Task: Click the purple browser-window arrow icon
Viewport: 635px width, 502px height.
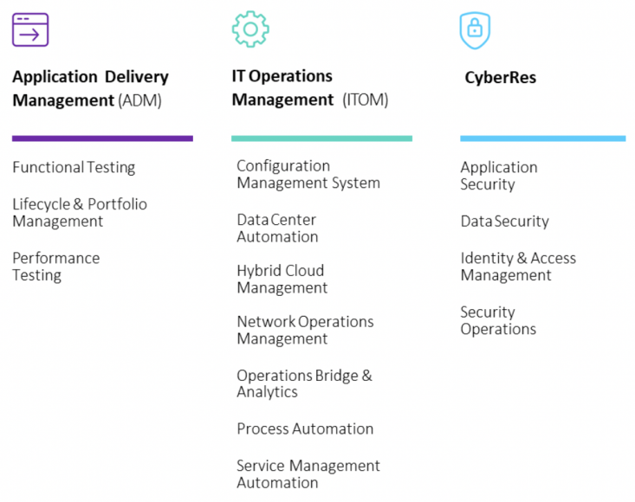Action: click(x=30, y=29)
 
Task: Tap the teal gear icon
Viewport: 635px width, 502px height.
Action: click(x=249, y=29)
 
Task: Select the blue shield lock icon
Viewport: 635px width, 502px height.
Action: click(x=474, y=29)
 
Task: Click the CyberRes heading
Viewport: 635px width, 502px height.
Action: click(x=500, y=78)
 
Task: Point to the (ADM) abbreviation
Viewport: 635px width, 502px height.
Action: click(x=139, y=100)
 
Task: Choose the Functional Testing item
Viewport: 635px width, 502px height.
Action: click(x=74, y=168)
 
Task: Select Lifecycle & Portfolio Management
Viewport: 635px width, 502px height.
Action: click(x=80, y=213)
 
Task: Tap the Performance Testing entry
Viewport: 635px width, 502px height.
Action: click(x=55, y=267)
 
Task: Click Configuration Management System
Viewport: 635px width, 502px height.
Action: click(x=308, y=174)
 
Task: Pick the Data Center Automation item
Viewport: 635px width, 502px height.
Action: click(x=277, y=228)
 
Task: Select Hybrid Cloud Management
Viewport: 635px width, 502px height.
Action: click(x=282, y=279)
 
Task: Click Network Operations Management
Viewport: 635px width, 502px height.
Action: click(x=305, y=330)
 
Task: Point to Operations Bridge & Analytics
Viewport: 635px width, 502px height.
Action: click(x=304, y=383)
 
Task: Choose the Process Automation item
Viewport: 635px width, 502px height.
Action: click(x=305, y=429)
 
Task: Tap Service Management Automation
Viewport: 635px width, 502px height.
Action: click(x=308, y=474)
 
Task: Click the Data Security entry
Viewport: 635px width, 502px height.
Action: click(x=504, y=222)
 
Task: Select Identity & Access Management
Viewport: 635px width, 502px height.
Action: click(x=517, y=267)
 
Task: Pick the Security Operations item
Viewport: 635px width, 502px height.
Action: click(x=498, y=320)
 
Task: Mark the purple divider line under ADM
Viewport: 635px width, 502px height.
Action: click(x=102, y=138)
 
